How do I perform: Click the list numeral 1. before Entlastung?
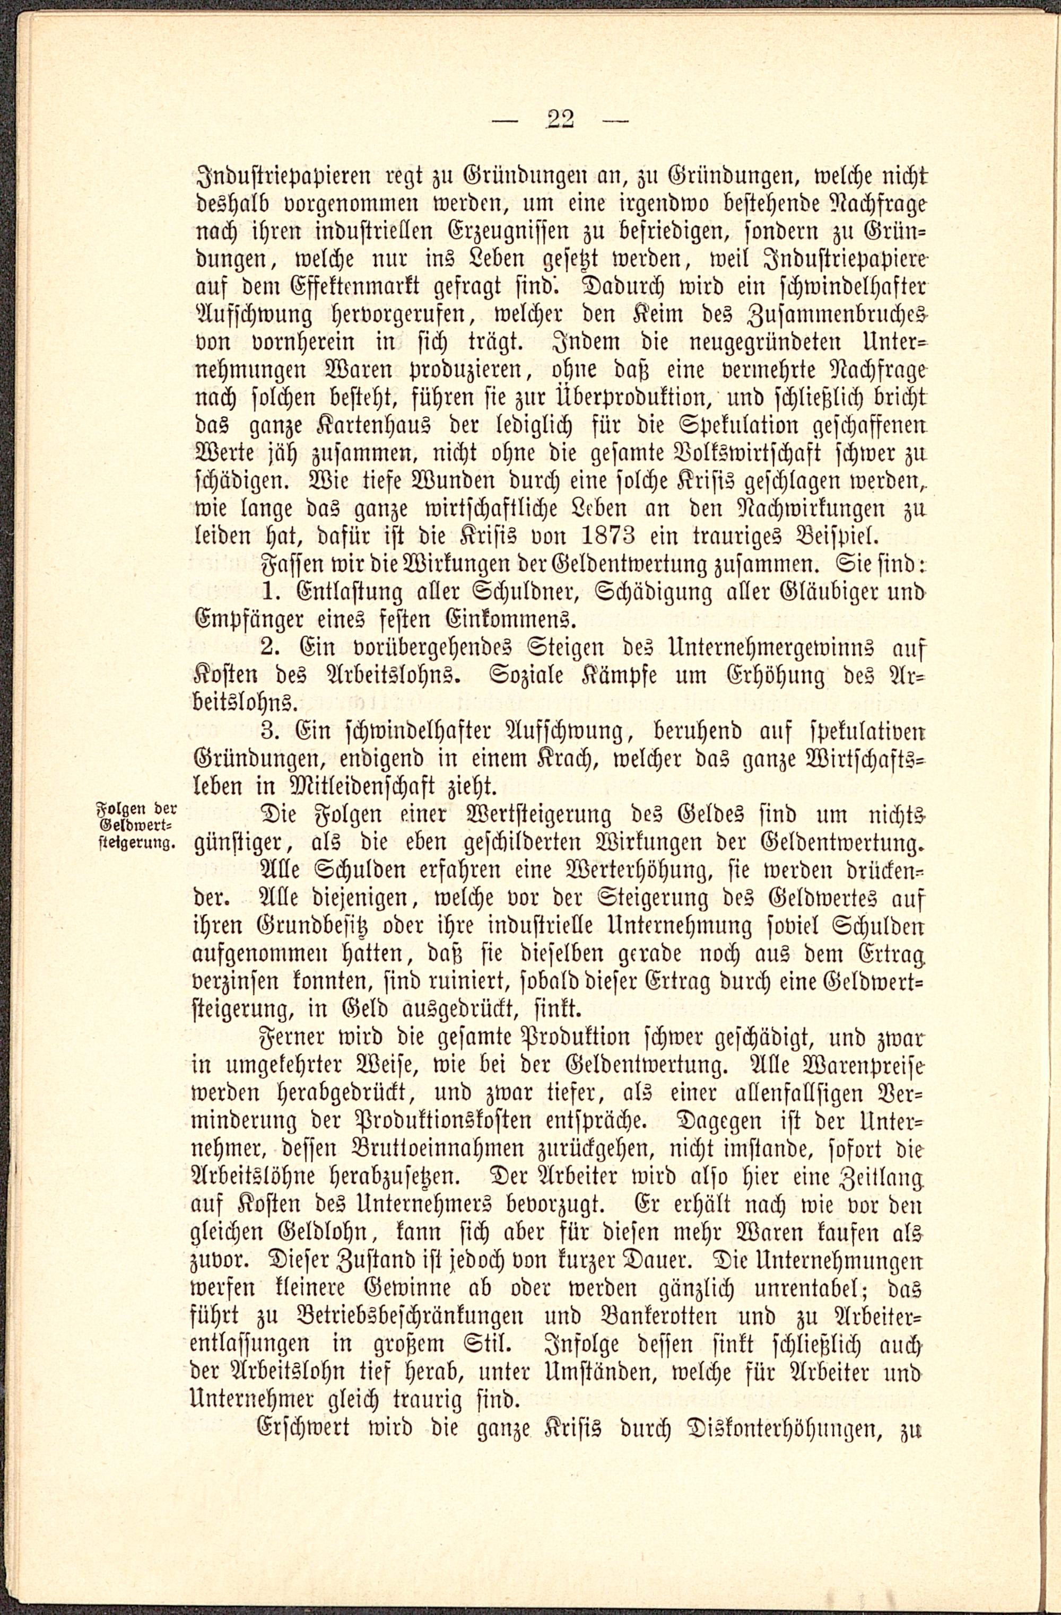click(272, 592)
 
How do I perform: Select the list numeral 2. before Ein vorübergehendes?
click(271, 647)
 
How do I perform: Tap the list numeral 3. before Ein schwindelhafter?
click(271, 731)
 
